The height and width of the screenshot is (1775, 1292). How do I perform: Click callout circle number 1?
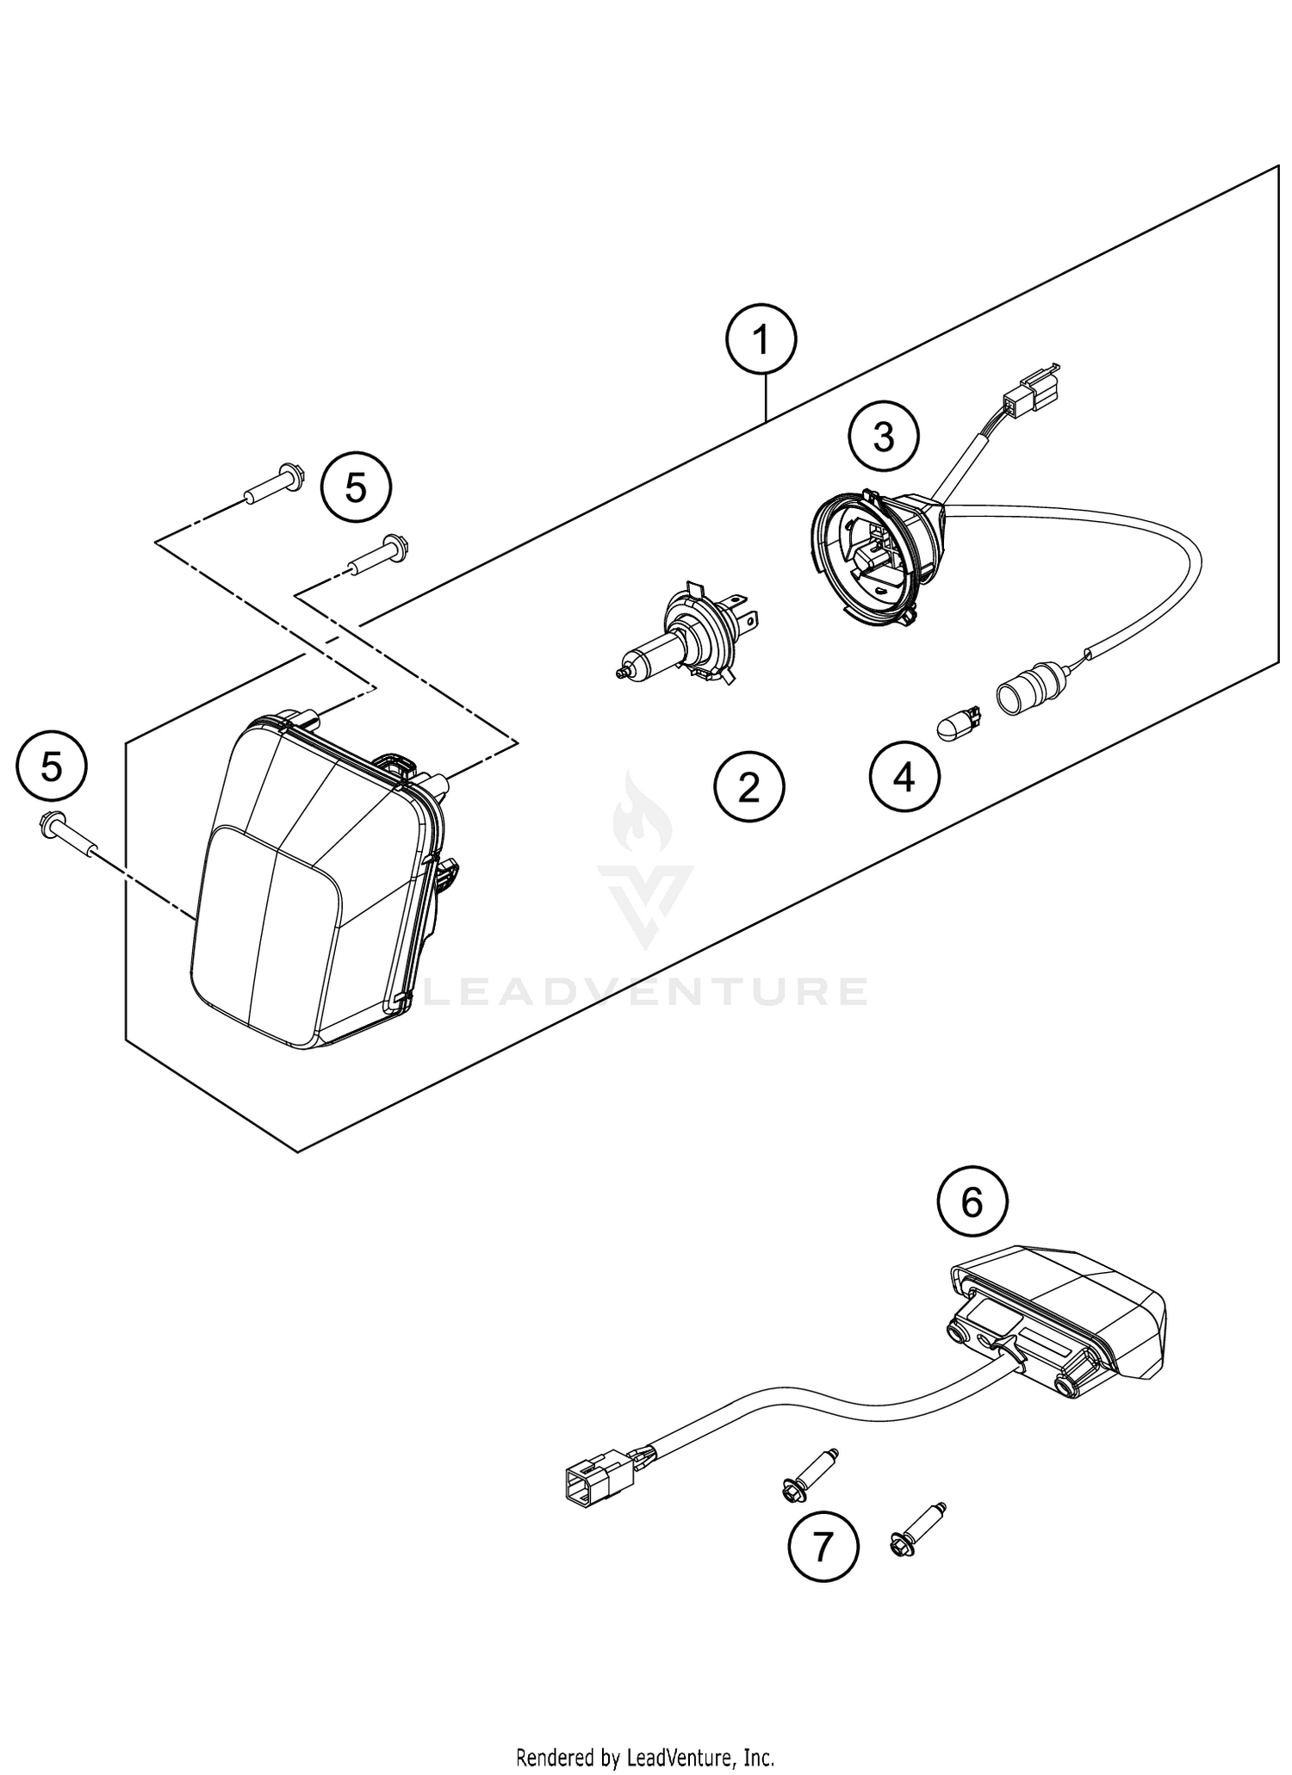coord(761,341)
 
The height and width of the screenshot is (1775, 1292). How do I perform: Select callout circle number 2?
coord(748,786)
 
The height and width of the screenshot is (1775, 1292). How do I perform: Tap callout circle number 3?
coord(884,438)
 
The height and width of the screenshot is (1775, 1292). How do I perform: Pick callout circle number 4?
coord(904,778)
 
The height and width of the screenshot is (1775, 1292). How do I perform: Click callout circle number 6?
coord(972,1203)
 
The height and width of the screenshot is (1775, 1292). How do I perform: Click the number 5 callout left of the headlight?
coord(52,766)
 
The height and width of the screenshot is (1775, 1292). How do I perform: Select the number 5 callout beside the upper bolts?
coord(355,488)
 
